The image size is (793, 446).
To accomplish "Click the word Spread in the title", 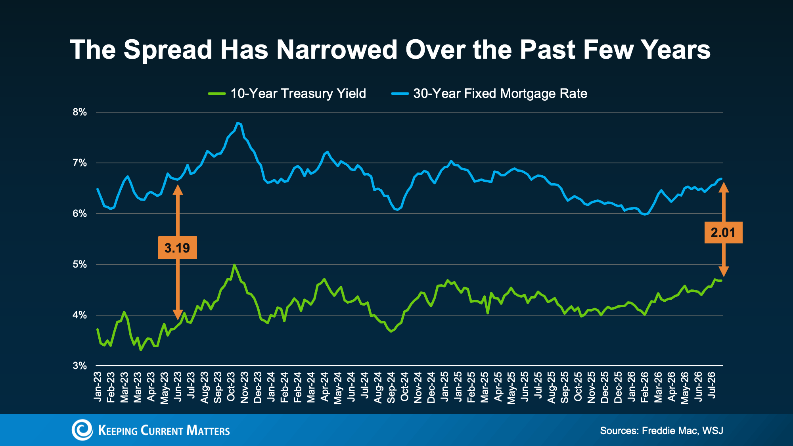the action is point(168,50).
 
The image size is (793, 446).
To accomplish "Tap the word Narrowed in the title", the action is point(337,50).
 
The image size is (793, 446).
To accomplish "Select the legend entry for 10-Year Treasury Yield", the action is point(287,94).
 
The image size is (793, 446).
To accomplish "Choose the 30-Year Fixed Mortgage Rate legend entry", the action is point(489,94).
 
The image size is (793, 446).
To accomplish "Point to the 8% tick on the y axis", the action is point(80,112).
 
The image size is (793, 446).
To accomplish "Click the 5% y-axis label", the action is point(80,264).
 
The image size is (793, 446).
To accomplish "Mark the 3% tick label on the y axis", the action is point(80,366).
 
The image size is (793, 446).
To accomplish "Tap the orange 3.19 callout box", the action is point(177,248).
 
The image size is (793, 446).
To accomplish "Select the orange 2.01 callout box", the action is point(723,232).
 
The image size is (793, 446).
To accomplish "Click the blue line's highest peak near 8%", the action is point(237,123).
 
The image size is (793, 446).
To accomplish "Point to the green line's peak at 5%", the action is point(234,264).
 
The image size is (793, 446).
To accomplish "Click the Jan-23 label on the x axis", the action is point(98,387).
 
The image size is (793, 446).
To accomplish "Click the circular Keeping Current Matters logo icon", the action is point(82,430).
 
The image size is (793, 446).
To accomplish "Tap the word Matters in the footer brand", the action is point(208,431).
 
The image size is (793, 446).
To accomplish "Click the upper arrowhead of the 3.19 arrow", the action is point(178,190).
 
